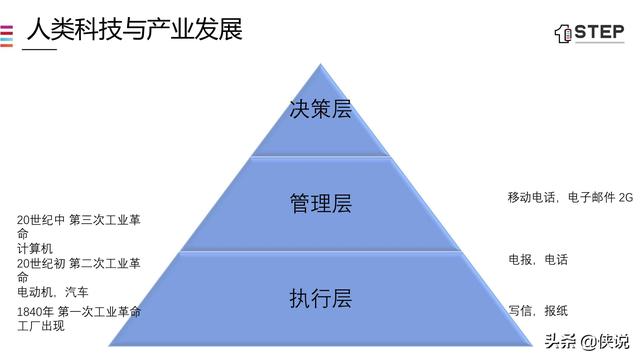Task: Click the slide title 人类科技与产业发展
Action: [134, 27]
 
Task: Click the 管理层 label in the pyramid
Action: [320, 204]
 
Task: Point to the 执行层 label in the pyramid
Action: [320, 298]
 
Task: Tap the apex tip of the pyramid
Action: [321, 65]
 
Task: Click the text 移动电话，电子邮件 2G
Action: [570, 198]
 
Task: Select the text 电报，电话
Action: [537, 260]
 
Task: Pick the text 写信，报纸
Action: [537, 311]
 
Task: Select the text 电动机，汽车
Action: [52, 292]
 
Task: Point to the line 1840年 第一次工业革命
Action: [78, 312]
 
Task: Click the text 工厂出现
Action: [40, 326]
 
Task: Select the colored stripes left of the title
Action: [6, 34]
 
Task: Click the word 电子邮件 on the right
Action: [590, 198]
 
